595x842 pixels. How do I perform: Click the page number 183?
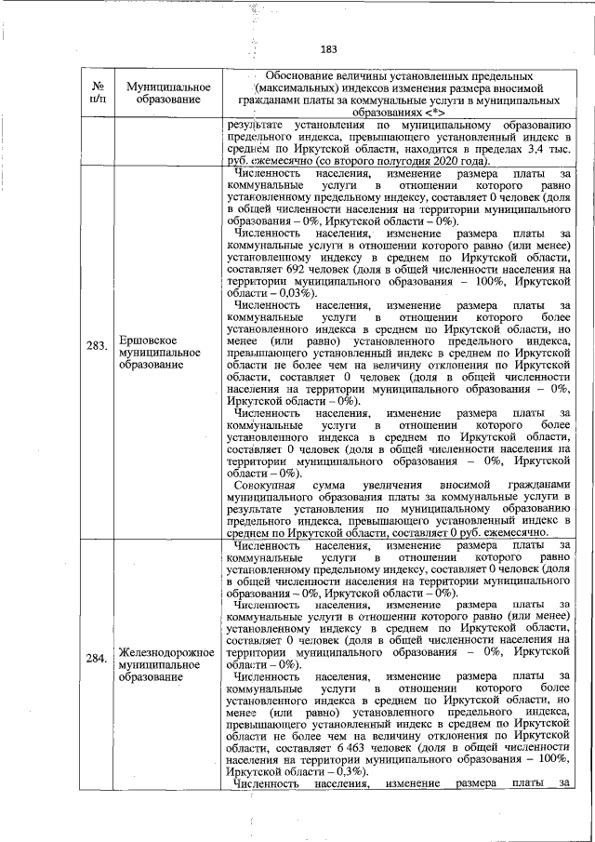[328, 49]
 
